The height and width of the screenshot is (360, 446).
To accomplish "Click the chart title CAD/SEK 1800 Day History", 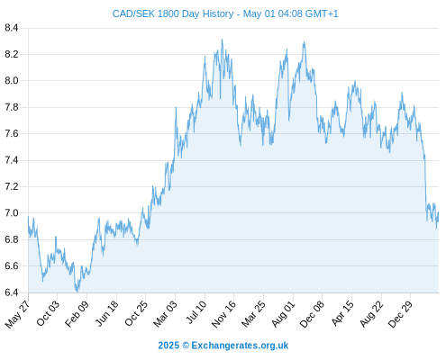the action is (173, 13).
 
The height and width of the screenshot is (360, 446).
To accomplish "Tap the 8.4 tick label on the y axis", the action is (12, 28).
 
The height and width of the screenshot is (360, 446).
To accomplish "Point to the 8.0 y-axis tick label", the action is (12, 81).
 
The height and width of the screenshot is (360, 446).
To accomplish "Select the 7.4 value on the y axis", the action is (12, 160).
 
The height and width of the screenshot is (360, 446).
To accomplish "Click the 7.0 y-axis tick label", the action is (12, 213).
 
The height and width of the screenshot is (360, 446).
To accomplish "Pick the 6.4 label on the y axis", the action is (12, 292).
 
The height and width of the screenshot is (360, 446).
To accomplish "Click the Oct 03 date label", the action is (48, 313).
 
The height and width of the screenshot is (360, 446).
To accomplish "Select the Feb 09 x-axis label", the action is (77, 313).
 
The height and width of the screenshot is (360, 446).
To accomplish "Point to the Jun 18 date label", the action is (107, 313).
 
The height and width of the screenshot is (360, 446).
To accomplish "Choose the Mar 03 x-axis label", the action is (165, 313).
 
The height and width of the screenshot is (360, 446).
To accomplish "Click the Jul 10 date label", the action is (196, 312).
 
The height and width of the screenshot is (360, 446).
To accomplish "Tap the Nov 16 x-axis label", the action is (223, 313).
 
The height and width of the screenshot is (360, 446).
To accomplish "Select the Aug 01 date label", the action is (283, 313).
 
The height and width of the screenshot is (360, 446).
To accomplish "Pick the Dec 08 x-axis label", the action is (313, 313).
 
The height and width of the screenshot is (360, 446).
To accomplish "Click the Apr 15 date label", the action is (342, 313).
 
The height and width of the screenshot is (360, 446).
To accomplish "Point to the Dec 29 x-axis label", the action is (400, 313).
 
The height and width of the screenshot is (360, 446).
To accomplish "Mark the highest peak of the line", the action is (222, 40).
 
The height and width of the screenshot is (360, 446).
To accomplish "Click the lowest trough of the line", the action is (77, 292).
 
